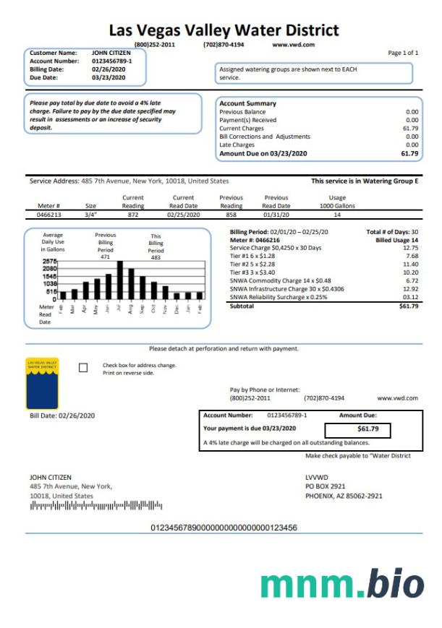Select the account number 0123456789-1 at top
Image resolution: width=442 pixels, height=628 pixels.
pos(111,61)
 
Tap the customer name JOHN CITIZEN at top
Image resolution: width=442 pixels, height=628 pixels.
pos(109,53)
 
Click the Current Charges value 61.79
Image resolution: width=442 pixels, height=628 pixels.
pos(410,128)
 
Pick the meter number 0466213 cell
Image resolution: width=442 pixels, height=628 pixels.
pos(48,215)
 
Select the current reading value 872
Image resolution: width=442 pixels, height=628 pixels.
pos(132,215)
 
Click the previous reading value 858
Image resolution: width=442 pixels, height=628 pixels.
pos(231,215)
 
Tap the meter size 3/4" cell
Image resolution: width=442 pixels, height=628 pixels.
pos(90,215)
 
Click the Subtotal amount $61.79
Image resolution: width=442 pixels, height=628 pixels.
pos(409,306)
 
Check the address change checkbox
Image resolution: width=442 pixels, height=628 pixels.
pos(83,368)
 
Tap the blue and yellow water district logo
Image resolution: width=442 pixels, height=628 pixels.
pos(42,383)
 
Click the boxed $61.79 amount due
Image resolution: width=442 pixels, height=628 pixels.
pos(368,429)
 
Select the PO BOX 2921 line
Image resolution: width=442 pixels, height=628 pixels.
pos(326,486)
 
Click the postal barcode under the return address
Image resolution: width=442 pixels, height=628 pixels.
pos(92,506)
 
